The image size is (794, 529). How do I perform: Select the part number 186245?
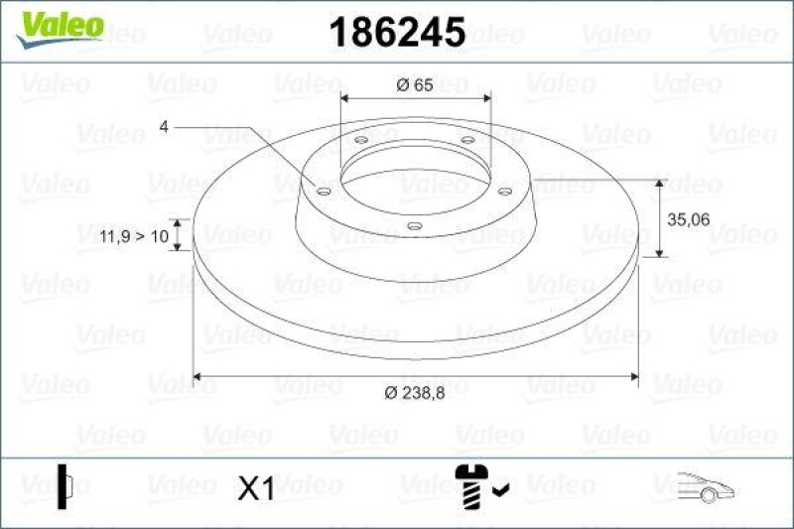point(396,33)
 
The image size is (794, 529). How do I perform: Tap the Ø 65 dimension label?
point(414,84)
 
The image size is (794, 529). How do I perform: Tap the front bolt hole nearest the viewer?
point(414,227)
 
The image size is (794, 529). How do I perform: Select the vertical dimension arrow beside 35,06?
point(660,218)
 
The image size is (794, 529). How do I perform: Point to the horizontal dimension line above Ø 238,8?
point(414,376)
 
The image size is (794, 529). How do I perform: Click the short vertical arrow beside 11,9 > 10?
point(178,236)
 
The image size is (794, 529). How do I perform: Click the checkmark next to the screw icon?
point(501,487)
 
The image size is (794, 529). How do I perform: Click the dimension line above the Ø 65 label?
point(414,98)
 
